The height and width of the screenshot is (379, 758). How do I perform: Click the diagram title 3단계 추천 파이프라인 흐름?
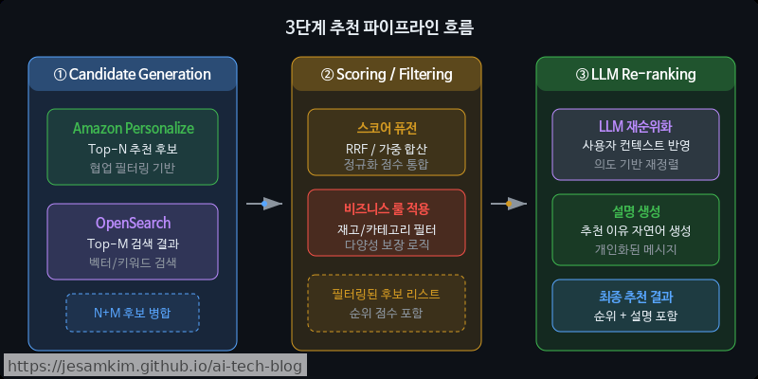click(379, 27)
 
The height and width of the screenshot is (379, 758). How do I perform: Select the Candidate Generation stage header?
click(133, 74)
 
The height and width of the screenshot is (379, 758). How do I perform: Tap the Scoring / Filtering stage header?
click(387, 74)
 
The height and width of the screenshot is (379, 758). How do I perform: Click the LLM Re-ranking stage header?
click(636, 74)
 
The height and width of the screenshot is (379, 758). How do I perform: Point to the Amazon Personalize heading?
click(133, 128)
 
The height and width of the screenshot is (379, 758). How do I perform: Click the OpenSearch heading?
click(133, 223)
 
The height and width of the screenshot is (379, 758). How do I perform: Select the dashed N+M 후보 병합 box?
click(133, 313)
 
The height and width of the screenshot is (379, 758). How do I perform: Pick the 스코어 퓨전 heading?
click(387, 128)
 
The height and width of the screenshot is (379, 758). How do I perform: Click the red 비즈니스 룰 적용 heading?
click(387, 208)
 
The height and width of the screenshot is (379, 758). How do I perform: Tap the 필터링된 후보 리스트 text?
click(387, 294)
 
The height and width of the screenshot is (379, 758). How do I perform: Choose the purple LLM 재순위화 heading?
click(636, 126)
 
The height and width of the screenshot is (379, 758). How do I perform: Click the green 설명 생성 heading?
click(636, 210)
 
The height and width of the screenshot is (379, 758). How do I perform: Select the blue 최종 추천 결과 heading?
click(636, 296)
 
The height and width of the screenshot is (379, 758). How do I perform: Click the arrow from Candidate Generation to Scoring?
click(264, 203)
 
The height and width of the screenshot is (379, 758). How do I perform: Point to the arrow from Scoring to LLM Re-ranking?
click(509, 203)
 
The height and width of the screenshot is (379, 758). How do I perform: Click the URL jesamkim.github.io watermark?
click(154, 366)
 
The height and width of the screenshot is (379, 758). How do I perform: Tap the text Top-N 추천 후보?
click(133, 149)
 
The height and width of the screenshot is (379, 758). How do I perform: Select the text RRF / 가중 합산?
click(387, 147)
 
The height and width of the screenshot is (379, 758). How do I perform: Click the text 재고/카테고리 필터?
click(387, 227)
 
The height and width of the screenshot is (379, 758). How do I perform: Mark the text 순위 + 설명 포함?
click(636, 316)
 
